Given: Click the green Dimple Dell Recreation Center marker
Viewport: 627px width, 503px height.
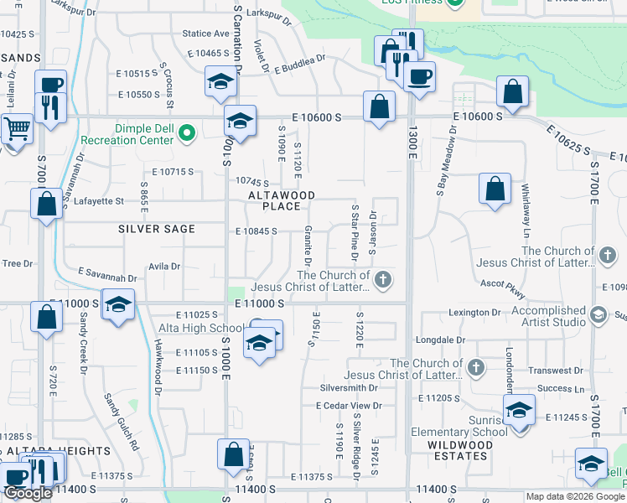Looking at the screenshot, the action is coord(188,132).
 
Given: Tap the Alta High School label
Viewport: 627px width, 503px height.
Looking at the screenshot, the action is coord(204,328).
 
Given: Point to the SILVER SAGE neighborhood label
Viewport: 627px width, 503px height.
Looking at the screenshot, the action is coord(157,229).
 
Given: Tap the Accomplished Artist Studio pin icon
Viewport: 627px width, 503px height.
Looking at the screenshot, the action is coord(598,314).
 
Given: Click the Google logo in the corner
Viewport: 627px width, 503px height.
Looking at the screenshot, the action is coord(28,493).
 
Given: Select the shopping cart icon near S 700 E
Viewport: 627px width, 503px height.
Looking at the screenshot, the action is coord(14,130).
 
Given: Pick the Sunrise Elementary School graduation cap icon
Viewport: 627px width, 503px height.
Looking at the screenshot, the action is coord(520,410).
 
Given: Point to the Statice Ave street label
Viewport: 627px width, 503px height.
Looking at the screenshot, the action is coord(205,34).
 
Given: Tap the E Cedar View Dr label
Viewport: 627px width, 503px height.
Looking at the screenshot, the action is coord(349,406).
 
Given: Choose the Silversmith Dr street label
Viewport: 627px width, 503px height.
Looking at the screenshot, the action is coord(349,389).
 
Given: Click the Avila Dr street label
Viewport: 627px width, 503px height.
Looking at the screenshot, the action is coord(164,267).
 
